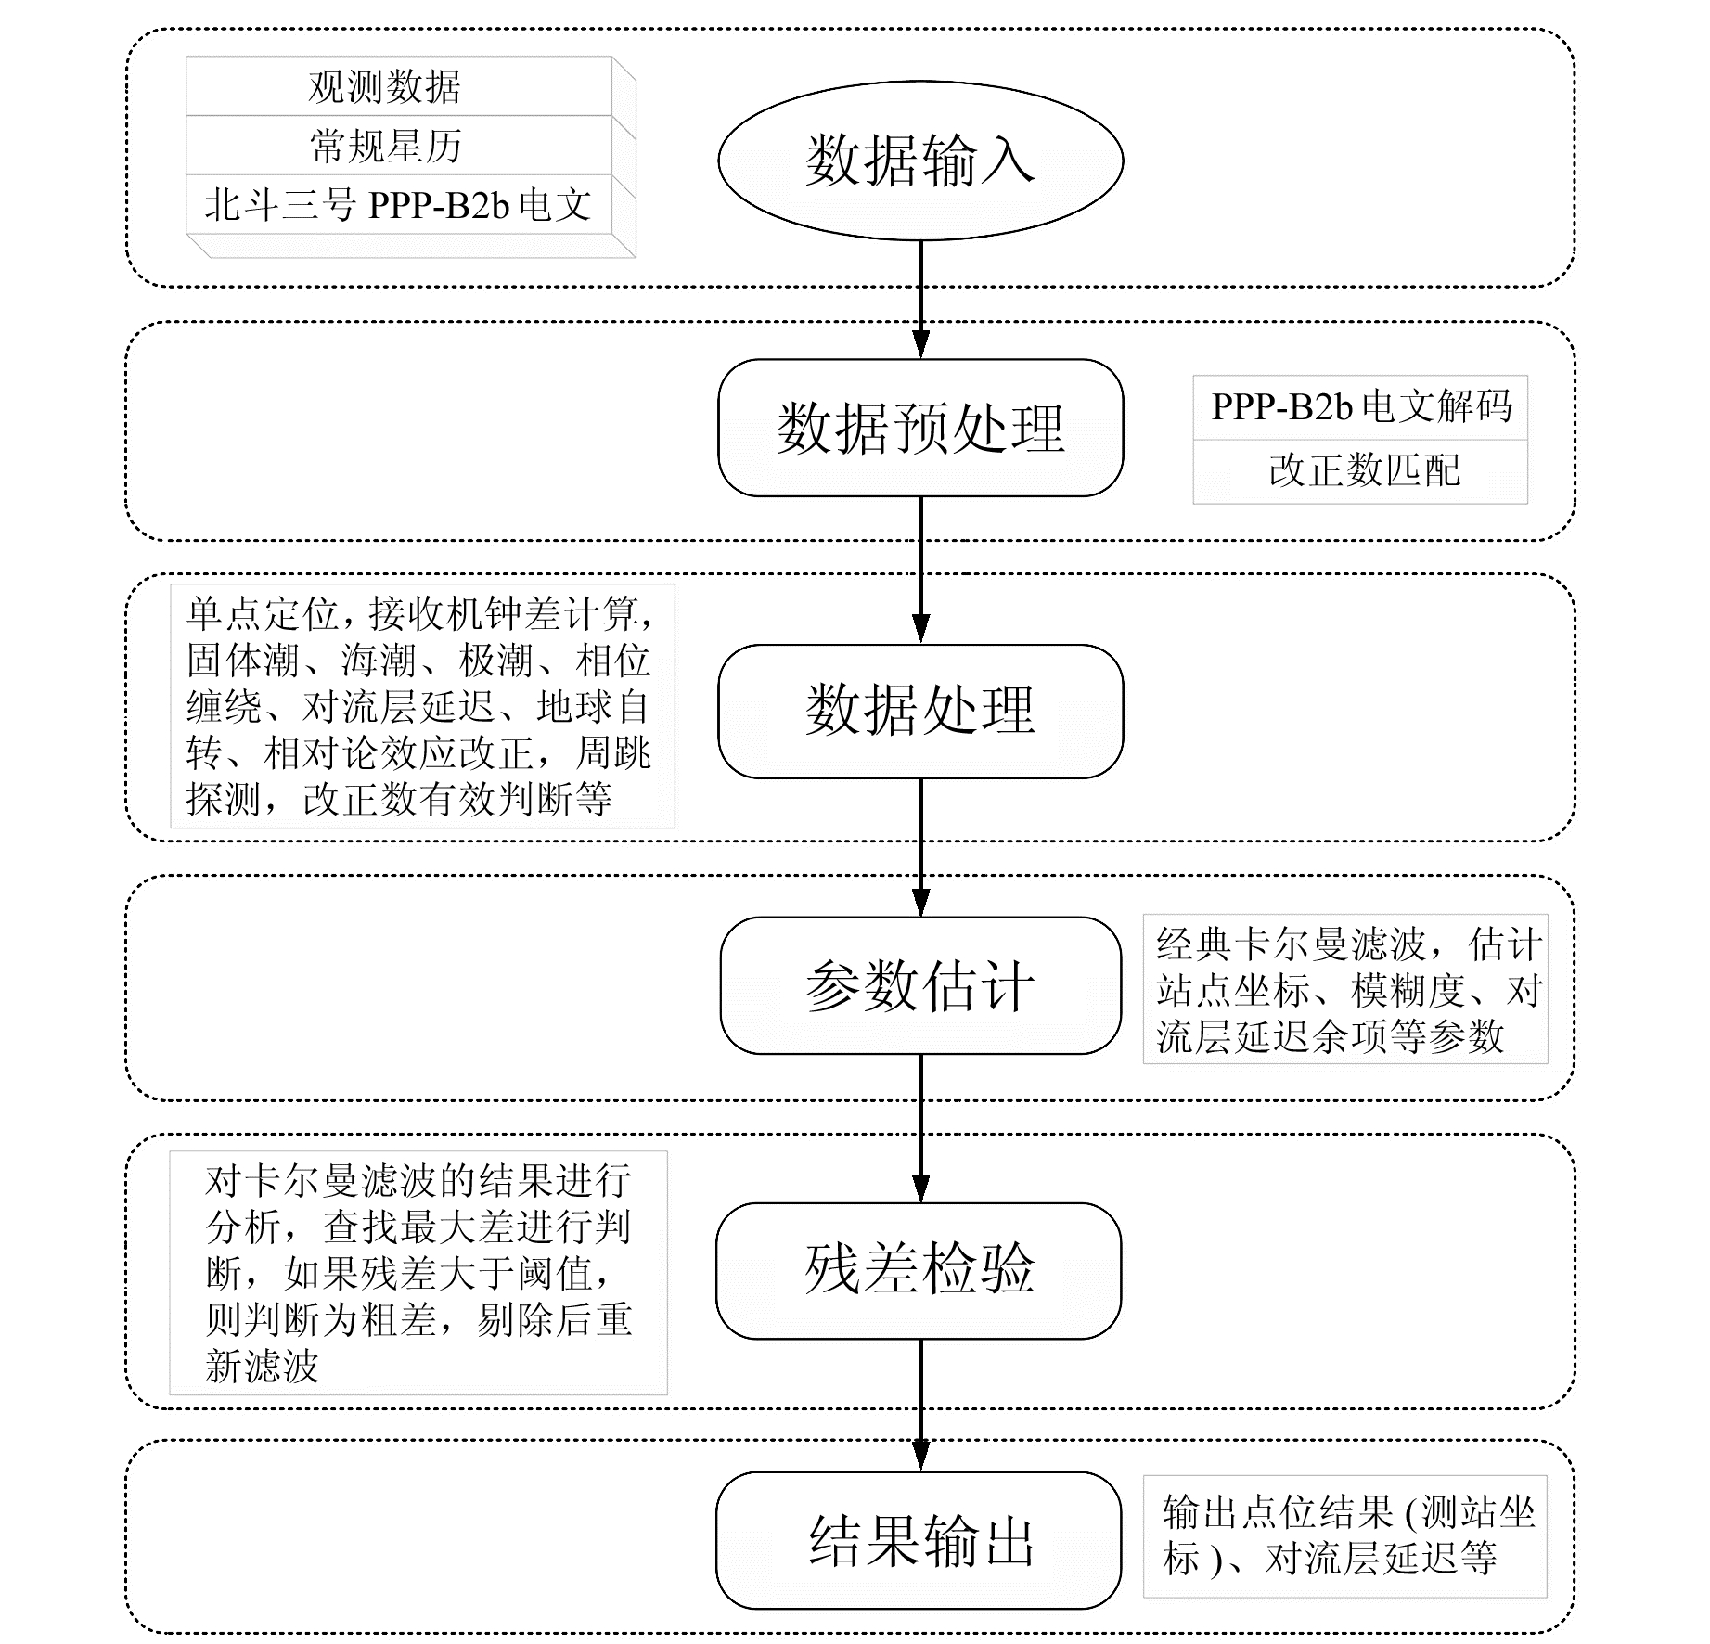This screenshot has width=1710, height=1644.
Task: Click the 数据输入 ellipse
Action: point(919,161)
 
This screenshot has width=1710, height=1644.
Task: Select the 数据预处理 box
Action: point(919,428)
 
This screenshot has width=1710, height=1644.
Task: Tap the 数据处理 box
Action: point(919,711)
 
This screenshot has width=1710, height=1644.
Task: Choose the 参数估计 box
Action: point(919,985)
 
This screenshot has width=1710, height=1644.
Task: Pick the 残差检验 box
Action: point(918,1270)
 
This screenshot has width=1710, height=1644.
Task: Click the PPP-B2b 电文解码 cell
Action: point(1360,407)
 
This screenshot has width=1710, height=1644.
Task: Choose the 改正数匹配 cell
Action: point(1360,471)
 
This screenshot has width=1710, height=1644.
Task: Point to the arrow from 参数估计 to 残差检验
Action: point(920,1127)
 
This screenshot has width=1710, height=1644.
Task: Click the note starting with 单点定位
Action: point(422,706)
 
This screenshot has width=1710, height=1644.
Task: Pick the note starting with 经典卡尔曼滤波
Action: point(1345,990)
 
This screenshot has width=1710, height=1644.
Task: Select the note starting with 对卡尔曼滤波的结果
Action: point(418,1272)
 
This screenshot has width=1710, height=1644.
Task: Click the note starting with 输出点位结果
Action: point(1344,1535)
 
